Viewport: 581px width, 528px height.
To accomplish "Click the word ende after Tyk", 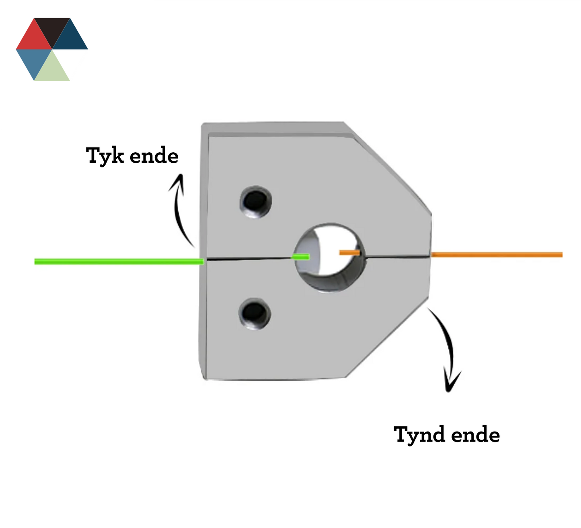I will click(154, 156).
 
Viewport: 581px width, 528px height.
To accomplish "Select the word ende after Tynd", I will click(475, 435).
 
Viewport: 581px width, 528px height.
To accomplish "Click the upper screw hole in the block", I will click(255, 201).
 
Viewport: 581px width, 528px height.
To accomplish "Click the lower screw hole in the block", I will click(254, 313).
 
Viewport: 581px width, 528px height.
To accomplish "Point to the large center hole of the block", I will click(329, 257).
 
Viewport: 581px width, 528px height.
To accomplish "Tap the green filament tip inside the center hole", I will click(301, 257).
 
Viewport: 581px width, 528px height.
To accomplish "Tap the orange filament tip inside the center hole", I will click(349, 252).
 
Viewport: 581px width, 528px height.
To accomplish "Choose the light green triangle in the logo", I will click(52, 68).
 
